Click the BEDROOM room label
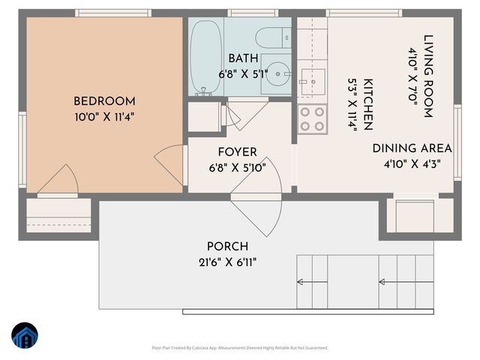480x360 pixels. click(x=104, y=101)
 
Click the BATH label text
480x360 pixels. click(x=243, y=58)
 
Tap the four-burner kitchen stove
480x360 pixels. click(x=313, y=117)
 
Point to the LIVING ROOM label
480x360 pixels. click(x=428, y=76)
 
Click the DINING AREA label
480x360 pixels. click(x=412, y=148)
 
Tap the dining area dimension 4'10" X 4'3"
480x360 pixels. click(x=412, y=163)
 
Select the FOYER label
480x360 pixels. click(x=237, y=152)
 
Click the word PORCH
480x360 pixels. click(x=227, y=246)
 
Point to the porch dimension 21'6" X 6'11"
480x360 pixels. click(x=227, y=262)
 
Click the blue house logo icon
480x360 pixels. click(x=25, y=337)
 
